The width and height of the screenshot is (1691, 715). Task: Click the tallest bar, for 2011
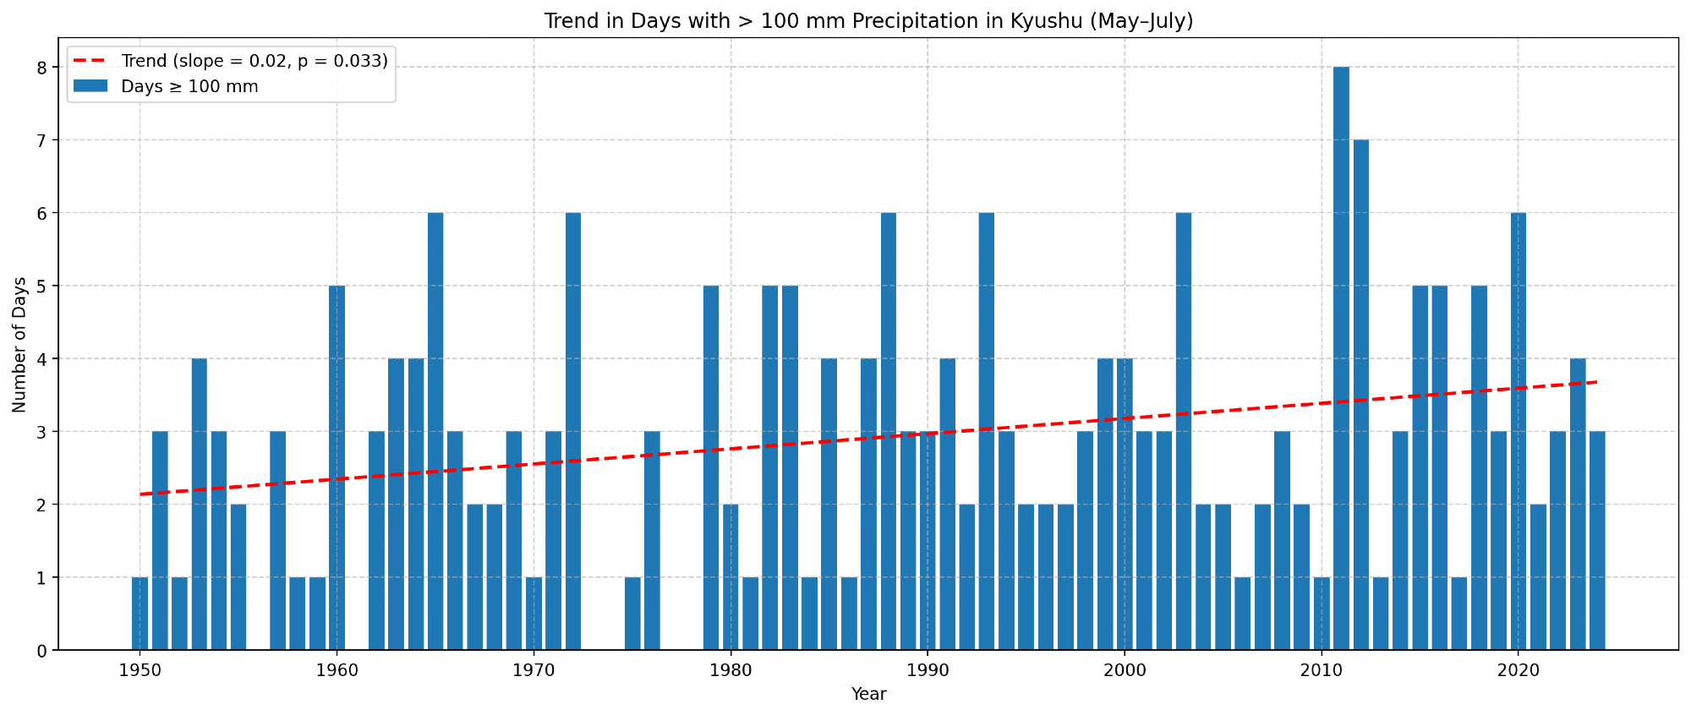[x=1341, y=358]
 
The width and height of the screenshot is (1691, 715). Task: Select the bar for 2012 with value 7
[x=1360, y=395]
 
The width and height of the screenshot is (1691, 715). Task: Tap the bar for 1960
[x=337, y=467]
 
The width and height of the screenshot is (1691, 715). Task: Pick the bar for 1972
[x=573, y=431]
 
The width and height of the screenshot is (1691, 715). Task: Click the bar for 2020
[x=1519, y=431]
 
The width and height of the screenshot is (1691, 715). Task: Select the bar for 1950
[x=140, y=614]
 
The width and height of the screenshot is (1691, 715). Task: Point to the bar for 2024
[x=1597, y=541]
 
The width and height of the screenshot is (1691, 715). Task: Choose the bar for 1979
[x=711, y=467]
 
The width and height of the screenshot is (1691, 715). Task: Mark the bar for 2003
[x=1184, y=431]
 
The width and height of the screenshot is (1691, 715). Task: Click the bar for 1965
[x=435, y=431]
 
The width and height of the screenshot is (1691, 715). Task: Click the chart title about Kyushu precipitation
[x=868, y=21]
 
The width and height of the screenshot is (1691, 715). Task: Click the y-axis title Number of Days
[x=19, y=344]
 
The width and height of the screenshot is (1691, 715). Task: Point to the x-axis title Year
[x=868, y=695]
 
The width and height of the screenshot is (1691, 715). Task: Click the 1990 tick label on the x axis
[x=928, y=671]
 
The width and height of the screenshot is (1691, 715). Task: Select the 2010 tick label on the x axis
[x=1322, y=671]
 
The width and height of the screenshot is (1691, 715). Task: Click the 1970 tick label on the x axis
[x=534, y=671]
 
